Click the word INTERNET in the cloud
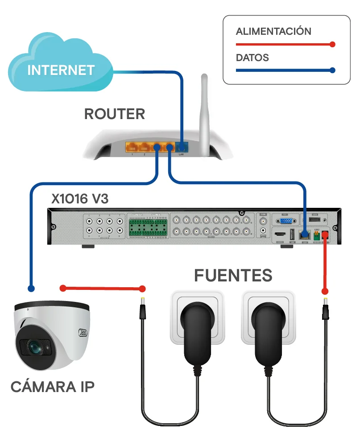coord(61,70)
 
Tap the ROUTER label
coord(115,114)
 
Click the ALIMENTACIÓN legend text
coord(273,31)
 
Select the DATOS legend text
coord(252,58)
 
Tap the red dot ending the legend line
coord(331,44)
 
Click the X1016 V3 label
coord(79,199)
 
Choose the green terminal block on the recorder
coord(147,227)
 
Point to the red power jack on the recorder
coord(325,234)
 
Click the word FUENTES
coord(233,276)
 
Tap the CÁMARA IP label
coord(52,387)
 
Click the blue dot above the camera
coord(31,289)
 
